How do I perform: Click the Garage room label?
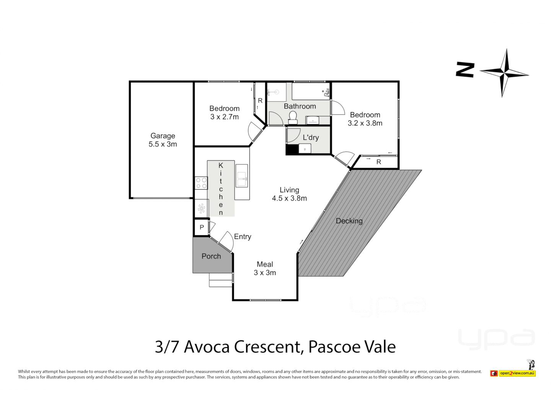point(163,136)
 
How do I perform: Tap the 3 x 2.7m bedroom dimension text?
point(224,117)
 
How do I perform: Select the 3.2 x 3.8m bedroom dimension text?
point(365,123)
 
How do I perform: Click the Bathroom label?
point(300,106)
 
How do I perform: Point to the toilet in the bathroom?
point(293,117)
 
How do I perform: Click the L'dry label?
point(310,138)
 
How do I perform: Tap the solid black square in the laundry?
point(292,150)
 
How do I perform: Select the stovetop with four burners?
point(201,183)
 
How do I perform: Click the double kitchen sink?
point(241,179)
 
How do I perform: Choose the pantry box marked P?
point(201,228)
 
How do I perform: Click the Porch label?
point(211,257)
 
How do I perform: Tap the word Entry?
point(243,237)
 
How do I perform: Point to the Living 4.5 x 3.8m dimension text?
point(289,198)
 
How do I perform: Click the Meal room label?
point(265,264)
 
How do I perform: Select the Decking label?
point(349,221)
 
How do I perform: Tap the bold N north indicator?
point(465,70)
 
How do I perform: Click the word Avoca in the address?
point(207,347)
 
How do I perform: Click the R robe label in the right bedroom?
point(378,162)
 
